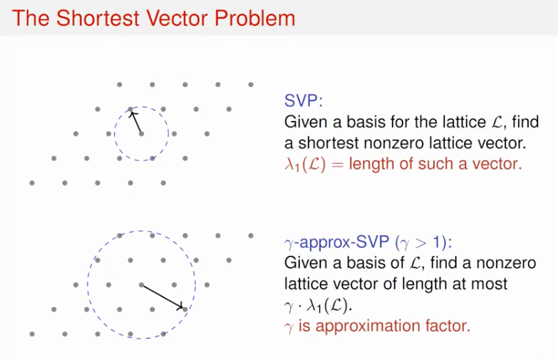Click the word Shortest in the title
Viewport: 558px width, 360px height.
click(x=97, y=18)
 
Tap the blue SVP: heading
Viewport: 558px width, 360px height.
click(x=303, y=101)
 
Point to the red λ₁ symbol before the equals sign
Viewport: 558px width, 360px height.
click(x=292, y=164)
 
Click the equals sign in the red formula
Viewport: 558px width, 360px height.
click(x=337, y=164)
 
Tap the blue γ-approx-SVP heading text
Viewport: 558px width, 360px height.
click(x=337, y=243)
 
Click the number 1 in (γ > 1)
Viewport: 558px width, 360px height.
click(x=436, y=243)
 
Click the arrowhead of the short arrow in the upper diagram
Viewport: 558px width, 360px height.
click(x=131, y=114)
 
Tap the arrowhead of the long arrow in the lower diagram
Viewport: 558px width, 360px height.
click(x=180, y=307)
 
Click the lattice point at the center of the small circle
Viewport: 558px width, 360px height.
click(x=141, y=134)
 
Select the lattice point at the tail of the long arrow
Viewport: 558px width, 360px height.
click(x=141, y=285)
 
